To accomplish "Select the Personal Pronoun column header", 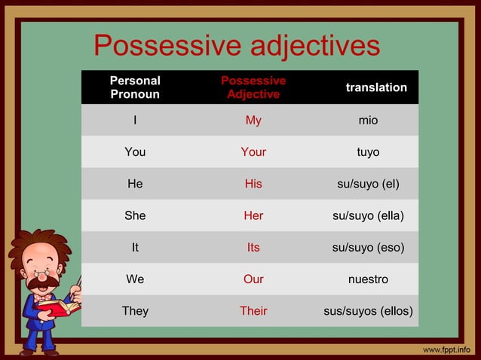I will [x=135, y=87].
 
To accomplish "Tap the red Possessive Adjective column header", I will [x=253, y=87].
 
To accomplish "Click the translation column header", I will [x=375, y=87].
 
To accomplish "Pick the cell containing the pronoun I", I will [x=135, y=120].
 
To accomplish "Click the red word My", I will [x=253, y=120].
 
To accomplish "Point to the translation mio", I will [x=368, y=120].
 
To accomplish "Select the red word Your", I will [x=253, y=152].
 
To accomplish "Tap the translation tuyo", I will [x=368, y=152].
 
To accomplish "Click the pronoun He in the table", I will [x=135, y=184].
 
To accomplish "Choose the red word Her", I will [x=253, y=215].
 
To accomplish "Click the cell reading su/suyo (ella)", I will [x=368, y=215].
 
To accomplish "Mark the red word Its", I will [x=253, y=247].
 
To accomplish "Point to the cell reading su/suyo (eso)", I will [x=368, y=247].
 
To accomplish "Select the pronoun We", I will [x=135, y=279].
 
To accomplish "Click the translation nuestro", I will [x=368, y=279].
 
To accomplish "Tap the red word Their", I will [x=253, y=311].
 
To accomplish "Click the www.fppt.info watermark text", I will [x=446, y=349].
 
